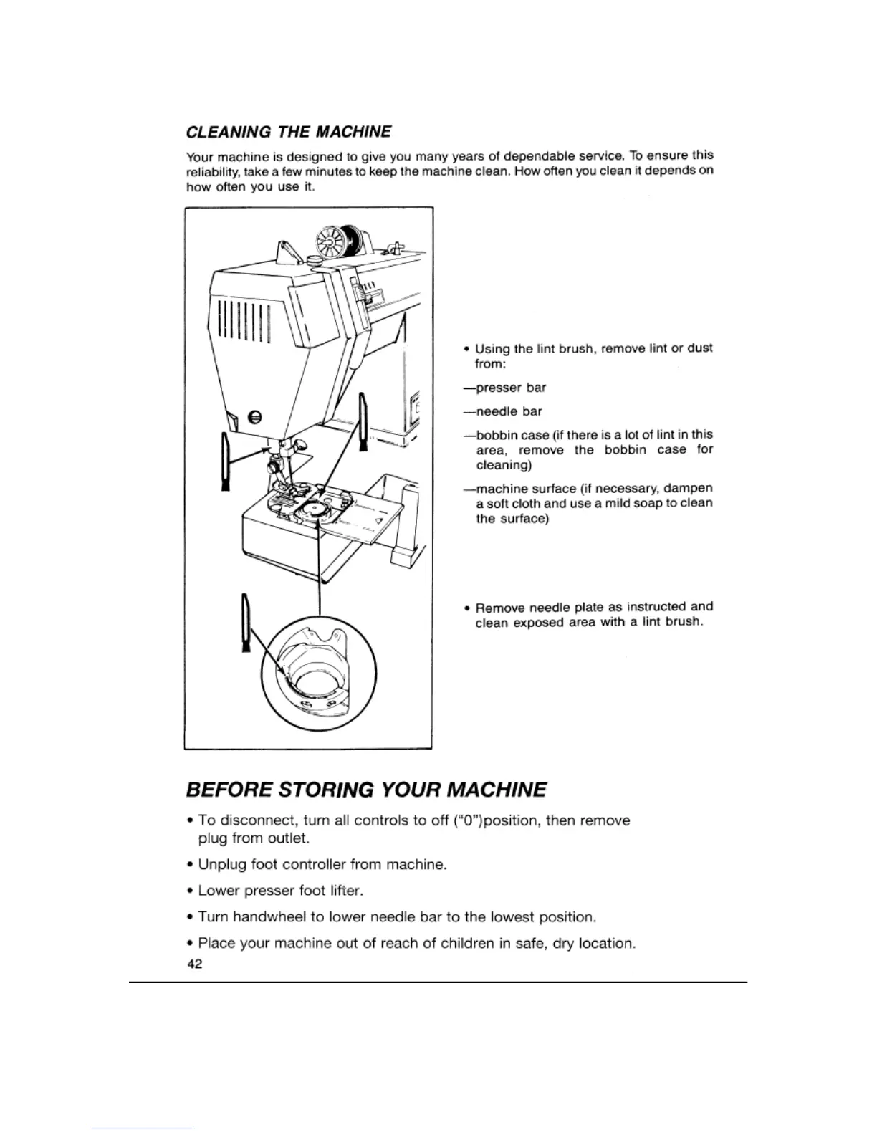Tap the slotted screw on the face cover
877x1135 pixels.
click(x=254, y=418)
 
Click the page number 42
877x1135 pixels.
click(x=193, y=964)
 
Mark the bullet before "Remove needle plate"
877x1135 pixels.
click(x=466, y=608)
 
